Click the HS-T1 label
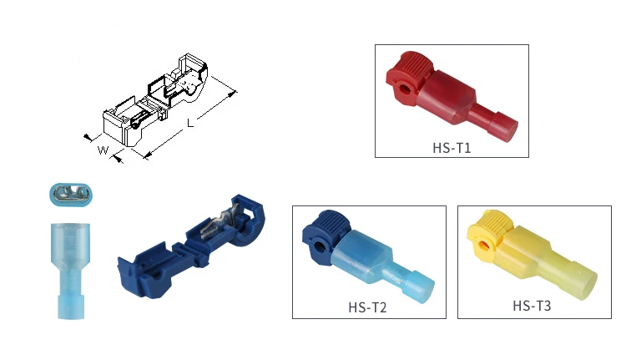[x=452, y=148]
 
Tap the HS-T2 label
[x=367, y=307]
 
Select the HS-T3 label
[x=532, y=306]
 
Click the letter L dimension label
[x=190, y=123]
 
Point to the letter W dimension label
[x=103, y=150]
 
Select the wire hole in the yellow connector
[x=484, y=244]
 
